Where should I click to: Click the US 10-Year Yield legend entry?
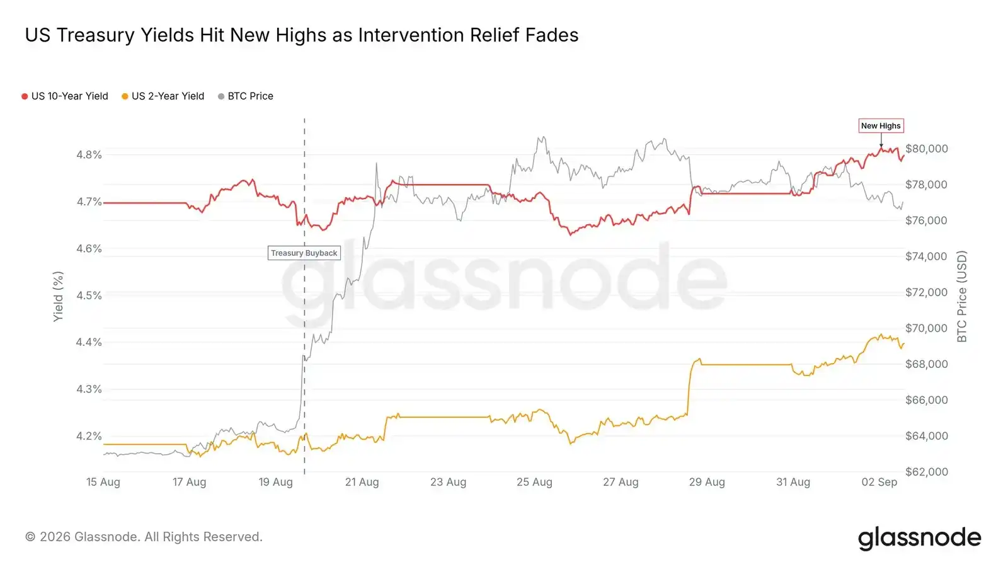[66, 96]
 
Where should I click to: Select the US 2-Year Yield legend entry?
[163, 96]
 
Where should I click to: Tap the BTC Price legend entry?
[246, 96]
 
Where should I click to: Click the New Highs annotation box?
[881, 126]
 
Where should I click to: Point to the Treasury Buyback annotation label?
[304, 253]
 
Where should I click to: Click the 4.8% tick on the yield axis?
[89, 155]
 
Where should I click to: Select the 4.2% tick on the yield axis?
[89, 436]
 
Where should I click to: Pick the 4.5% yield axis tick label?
[89, 295]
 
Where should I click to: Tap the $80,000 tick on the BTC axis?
[927, 149]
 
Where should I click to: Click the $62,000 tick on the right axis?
[927, 472]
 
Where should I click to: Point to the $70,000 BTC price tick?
[927, 328]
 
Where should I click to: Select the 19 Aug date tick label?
[275, 483]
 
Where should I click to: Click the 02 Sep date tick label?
[879, 483]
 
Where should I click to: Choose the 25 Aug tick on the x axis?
[534, 483]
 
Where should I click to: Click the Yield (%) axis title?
[58, 297]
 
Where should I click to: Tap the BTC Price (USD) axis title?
[961, 297]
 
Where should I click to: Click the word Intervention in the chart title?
[411, 35]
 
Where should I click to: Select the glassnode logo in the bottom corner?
[919, 538]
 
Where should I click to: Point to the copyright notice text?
[144, 537]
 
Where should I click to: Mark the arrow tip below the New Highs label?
[881, 147]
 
